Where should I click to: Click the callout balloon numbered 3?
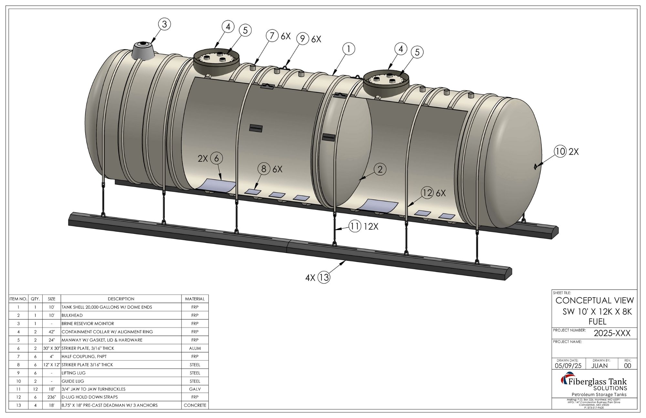tap(164, 24)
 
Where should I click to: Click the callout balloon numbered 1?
tap(349, 49)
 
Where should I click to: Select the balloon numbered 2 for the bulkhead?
tap(380, 169)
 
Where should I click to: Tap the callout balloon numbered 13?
tap(324, 277)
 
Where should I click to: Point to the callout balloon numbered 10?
tap(560, 151)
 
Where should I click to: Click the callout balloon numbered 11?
tap(355, 226)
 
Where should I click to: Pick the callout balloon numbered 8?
tap(264, 169)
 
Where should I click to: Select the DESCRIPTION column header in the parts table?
tap(121, 299)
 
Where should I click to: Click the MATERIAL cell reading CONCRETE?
tap(195, 405)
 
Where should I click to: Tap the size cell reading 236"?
tap(51, 397)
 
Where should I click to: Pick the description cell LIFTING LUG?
tap(74, 373)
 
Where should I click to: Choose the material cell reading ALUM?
tap(195, 348)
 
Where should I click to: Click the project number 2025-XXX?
tap(612, 333)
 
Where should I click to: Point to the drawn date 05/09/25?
tap(568, 366)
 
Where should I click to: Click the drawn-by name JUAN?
tap(599, 366)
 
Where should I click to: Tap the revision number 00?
tap(628, 366)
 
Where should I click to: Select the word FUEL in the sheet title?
tap(598, 321)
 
